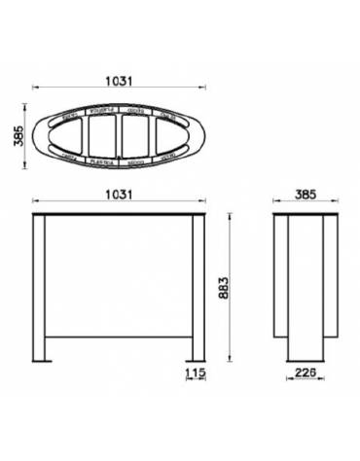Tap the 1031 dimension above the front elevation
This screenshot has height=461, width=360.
120,194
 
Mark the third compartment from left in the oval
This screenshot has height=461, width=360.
136,133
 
